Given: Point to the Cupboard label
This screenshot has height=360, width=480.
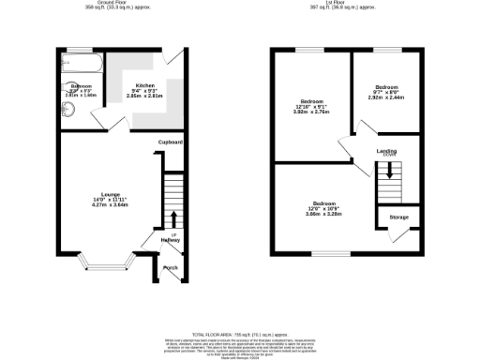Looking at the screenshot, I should (x=170, y=142).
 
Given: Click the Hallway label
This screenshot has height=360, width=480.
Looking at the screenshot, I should (x=170, y=240).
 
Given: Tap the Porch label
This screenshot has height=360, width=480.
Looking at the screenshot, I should (x=170, y=268).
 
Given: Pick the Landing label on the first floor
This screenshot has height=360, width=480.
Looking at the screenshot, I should (x=386, y=150).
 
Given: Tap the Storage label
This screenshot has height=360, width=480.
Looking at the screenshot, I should (x=398, y=217).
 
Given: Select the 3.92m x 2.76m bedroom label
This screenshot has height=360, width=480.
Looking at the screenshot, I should (x=312, y=106).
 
